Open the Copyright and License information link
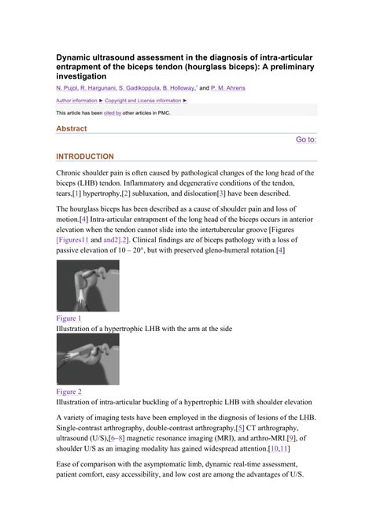coord(146,101)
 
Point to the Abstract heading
coord(72,128)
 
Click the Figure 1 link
coord(68,318)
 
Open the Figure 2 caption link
coord(68,391)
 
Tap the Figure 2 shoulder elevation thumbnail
coord(87,359)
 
